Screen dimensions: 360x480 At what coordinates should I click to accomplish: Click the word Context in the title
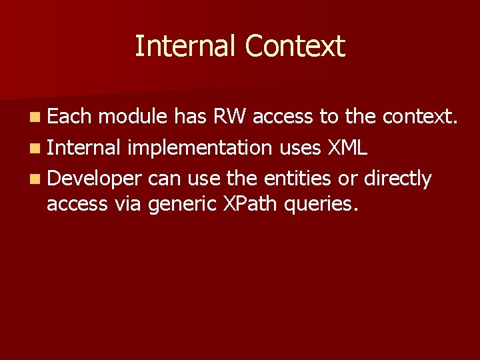point(295,47)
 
